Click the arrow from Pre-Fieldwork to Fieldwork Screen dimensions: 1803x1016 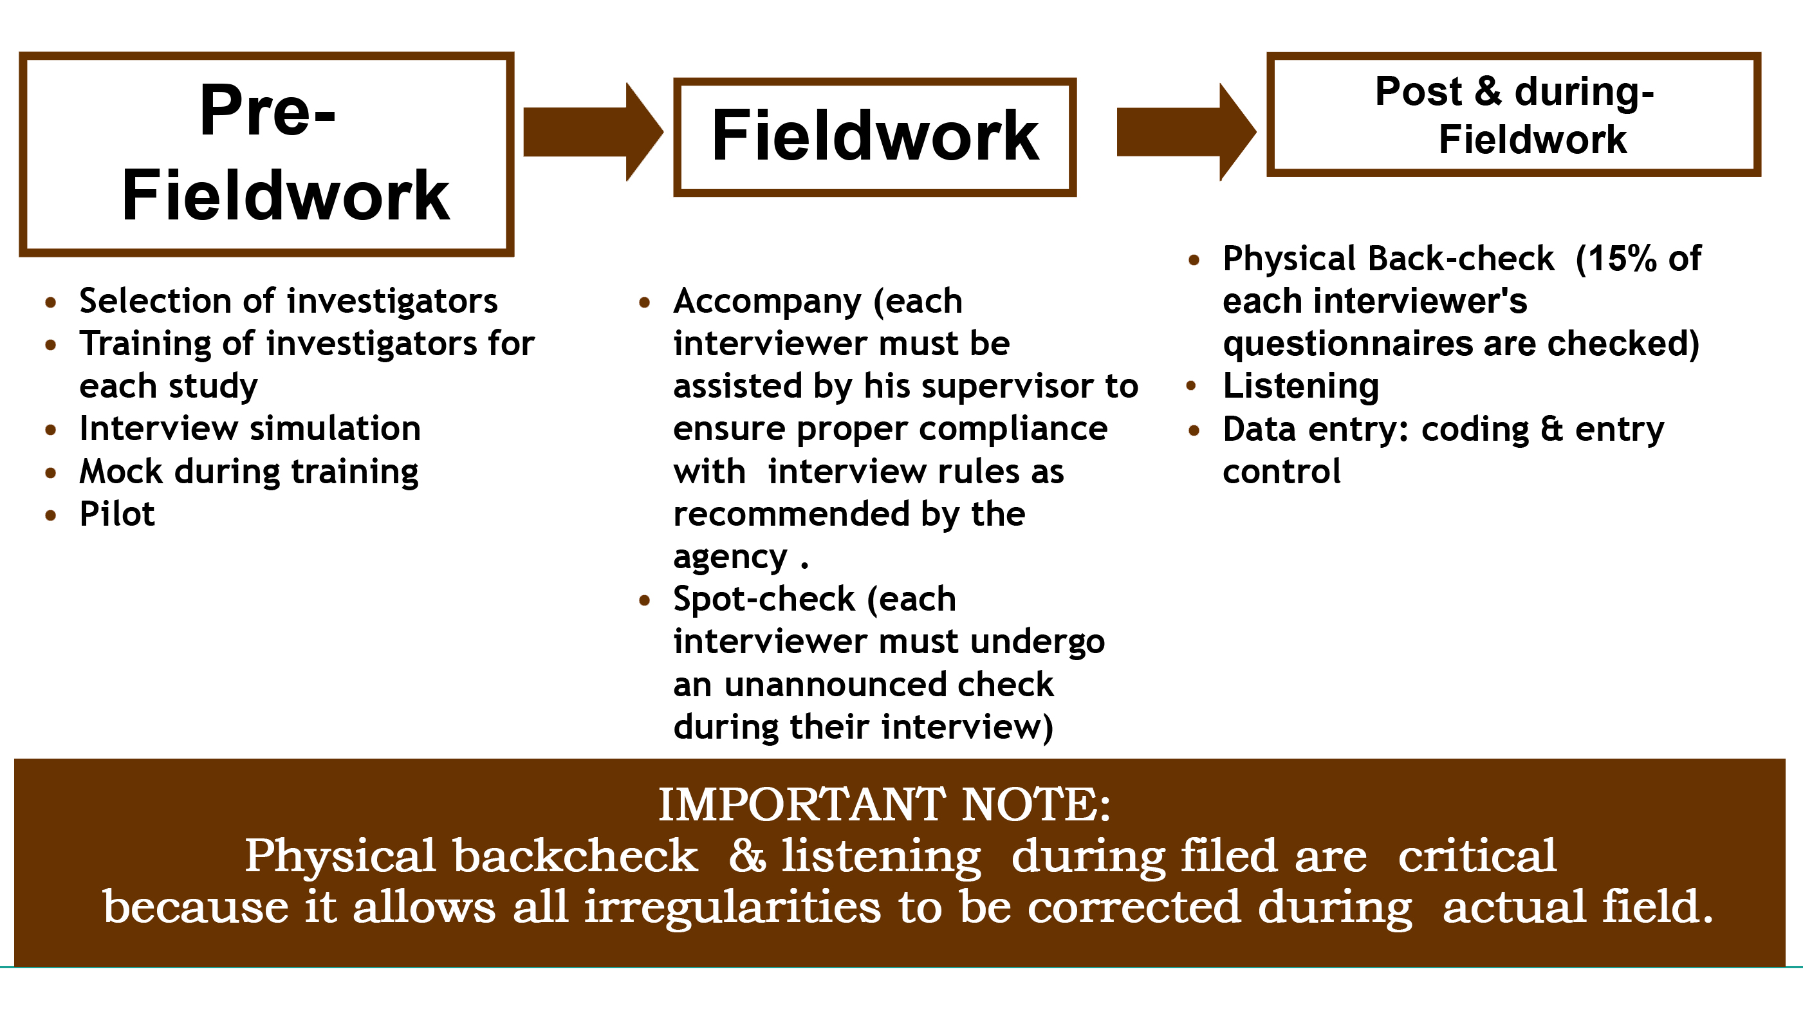click(x=593, y=133)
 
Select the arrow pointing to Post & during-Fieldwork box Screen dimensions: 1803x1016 click(x=1187, y=133)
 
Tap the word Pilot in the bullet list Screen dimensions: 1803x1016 click(x=117, y=514)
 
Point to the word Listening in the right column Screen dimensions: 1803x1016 click(x=1300, y=387)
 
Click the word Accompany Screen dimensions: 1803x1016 click(x=767, y=302)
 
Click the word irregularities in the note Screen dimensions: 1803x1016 click(x=732, y=907)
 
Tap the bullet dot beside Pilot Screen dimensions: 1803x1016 click(x=50, y=515)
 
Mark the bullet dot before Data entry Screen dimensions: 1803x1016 click(x=1194, y=430)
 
